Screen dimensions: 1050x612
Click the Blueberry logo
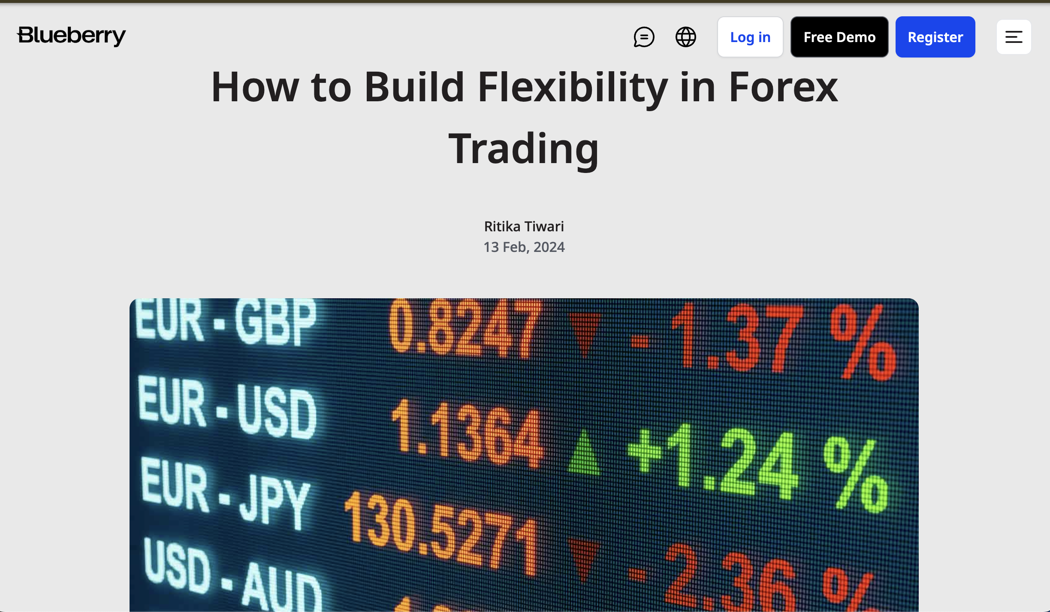(71, 36)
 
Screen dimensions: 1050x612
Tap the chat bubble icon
(644, 37)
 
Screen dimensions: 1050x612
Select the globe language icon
(686, 37)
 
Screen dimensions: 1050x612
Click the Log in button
(750, 37)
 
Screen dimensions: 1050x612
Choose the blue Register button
(935, 37)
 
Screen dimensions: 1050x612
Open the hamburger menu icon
(1014, 37)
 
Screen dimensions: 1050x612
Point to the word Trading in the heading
(523, 148)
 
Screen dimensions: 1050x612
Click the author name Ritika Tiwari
(524, 226)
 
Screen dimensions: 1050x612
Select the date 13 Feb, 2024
(524, 247)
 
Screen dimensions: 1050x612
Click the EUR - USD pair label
(227, 408)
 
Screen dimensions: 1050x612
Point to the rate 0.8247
(466, 329)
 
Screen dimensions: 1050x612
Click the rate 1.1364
(468, 433)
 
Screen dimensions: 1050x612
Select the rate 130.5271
(442, 532)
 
